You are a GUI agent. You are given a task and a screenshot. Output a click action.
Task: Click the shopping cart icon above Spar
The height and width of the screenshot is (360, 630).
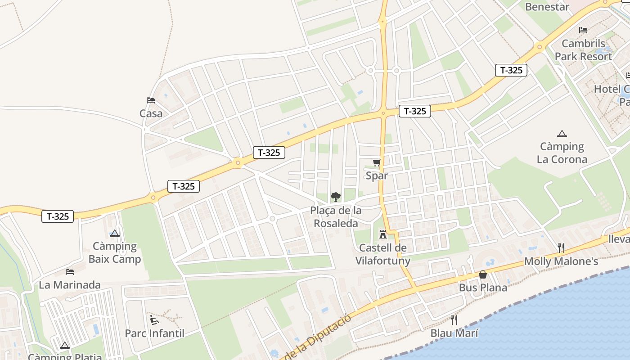point(377,163)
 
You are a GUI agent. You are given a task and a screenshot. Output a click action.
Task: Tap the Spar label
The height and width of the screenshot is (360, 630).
point(377,175)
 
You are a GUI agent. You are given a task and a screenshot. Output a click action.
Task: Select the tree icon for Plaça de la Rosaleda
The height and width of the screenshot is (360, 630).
point(335,197)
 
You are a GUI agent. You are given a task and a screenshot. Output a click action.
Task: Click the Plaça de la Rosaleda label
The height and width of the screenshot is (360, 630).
point(336,217)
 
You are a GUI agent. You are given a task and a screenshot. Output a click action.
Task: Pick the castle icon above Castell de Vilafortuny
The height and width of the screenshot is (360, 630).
point(383,234)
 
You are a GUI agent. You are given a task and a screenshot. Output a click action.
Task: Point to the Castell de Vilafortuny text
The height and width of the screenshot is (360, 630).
point(383,254)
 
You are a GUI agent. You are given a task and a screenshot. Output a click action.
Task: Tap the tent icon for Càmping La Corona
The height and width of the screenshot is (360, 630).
point(562,134)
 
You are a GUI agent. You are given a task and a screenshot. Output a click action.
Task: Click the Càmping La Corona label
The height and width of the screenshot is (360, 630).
point(562,153)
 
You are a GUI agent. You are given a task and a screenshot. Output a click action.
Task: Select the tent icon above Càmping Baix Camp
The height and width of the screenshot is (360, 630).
point(115,233)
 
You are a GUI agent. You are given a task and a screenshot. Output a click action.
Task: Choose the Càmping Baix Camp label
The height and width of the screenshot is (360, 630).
point(115,252)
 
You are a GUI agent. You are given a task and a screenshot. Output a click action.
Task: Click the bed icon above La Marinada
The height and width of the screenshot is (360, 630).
point(70,272)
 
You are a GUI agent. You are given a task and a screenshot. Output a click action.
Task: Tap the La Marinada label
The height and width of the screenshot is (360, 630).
point(70,285)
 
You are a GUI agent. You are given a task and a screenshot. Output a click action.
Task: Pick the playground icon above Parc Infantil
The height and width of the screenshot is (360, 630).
point(154,320)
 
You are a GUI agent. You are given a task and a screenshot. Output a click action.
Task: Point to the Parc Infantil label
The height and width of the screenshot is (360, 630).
point(154,333)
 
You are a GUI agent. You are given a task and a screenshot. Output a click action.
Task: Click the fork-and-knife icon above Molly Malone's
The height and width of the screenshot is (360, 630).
point(561,248)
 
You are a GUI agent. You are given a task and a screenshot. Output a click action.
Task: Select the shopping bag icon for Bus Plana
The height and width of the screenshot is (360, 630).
point(483,274)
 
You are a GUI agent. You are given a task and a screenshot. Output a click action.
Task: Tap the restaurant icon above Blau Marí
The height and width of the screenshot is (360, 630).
point(454,320)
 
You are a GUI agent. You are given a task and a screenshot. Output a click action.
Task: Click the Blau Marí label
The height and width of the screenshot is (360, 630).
point(454,333)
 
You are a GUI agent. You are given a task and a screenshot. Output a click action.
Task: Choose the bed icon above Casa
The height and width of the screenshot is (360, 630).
point(151,100)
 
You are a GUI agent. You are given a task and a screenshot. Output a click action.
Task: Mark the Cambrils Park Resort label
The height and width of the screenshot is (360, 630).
point(583,50)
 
